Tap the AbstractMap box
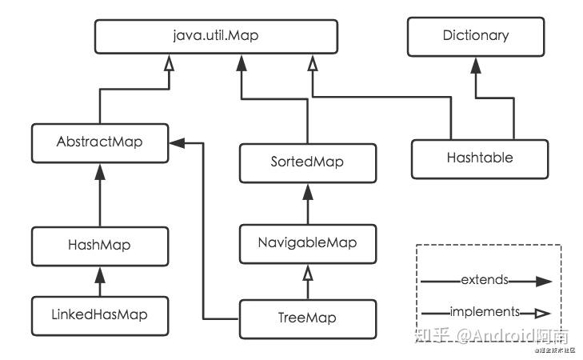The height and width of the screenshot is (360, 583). pos(100,142)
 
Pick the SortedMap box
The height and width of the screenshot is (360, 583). pos(308,162)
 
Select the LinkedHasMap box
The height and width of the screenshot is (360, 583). pos(100,316)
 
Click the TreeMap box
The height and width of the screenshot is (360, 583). pos(308,318)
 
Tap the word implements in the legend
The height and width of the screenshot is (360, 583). pos(485,311)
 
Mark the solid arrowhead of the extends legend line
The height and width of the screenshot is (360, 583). pos(544,281)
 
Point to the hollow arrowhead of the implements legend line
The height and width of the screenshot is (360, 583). pos(544,312)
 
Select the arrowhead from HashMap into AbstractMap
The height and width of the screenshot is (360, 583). pos(100,170)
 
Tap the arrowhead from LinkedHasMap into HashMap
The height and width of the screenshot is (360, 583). pos(100,274)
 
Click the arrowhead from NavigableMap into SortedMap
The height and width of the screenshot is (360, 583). pos(308,190)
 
